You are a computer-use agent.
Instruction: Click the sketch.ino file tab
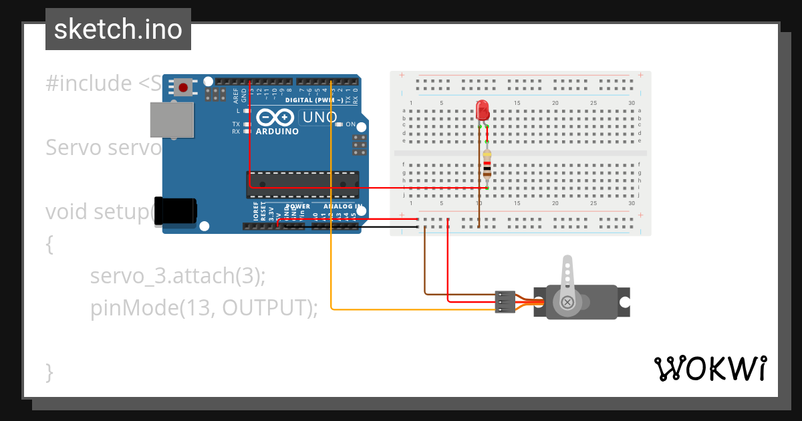pos(118,29)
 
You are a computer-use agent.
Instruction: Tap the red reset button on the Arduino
pos(183,87)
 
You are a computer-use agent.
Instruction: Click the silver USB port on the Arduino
pos(172,120)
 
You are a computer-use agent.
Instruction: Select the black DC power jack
pos(175,210)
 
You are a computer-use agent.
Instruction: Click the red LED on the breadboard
pos(483,110)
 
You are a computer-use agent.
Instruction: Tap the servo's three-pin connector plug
pos(505,302)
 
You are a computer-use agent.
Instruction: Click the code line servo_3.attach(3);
pos(178,275)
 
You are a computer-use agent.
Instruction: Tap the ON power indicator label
pos(350,124)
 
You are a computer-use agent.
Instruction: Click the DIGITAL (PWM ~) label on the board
pos(314,100)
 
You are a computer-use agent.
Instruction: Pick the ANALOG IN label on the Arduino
pos(343,206)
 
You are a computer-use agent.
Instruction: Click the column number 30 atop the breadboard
pos(632,103)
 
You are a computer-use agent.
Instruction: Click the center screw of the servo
pos(567,302)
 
